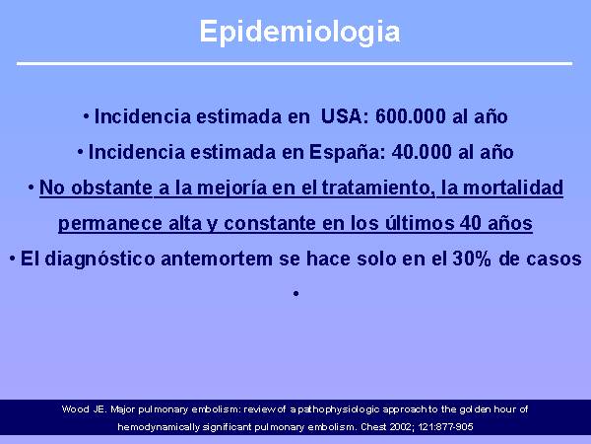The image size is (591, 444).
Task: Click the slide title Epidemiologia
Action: [x=299, y=33]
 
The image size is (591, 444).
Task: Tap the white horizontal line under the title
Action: [x=295, y=63]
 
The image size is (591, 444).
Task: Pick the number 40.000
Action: [x=422, y=152]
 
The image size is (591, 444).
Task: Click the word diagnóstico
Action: [x=99, y=259]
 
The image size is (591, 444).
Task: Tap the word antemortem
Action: [x=217, y=259]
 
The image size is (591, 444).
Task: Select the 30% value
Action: [x=472, y=259]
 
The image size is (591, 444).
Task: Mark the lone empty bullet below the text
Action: [x=295, y=294]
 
